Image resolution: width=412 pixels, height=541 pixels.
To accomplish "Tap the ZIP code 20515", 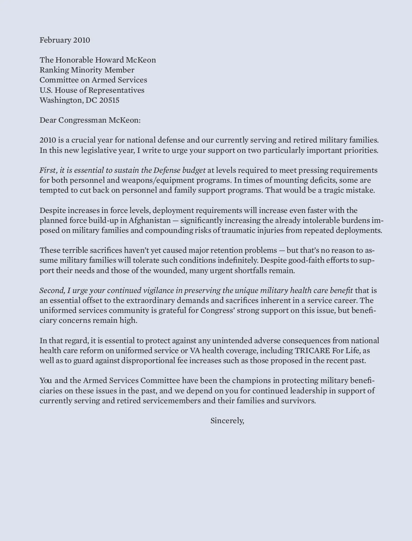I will point(109,100).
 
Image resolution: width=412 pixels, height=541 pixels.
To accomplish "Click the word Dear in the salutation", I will point(48,120).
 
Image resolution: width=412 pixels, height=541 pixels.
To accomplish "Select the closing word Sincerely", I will point(227,421).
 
